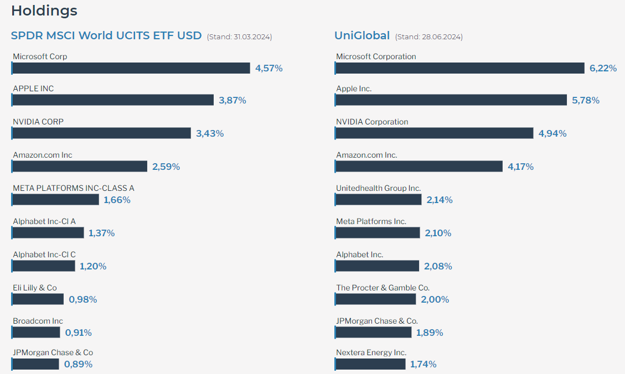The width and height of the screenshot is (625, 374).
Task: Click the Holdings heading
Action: pos(44,11)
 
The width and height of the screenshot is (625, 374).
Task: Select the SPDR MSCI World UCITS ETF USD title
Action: pos(106,35)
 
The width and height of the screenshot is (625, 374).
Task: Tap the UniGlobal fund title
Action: pos(361,35)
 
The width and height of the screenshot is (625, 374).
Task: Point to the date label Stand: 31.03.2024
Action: pos(239,37)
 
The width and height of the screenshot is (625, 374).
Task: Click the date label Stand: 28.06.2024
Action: pos(429,37)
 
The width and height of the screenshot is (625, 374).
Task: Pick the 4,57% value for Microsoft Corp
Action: pos(269,68)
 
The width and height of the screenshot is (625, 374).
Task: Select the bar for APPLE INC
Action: pos(113,100)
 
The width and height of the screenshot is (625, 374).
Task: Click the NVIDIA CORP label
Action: pos(38,122)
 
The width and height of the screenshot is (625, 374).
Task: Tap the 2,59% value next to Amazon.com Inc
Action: pos(166,167)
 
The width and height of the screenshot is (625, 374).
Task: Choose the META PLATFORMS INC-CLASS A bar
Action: pos(55,200)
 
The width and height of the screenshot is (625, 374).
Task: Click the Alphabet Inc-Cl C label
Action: pos(44,254)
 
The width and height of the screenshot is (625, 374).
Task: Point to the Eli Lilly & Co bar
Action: pos(38,299)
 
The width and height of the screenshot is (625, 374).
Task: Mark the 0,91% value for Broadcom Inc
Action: pos(79,333)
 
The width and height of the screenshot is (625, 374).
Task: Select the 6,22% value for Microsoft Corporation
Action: pos(603,68)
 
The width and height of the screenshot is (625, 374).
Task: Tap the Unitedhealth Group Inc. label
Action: pos(378,188)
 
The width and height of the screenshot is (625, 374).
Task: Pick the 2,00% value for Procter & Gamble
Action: pos(435,299)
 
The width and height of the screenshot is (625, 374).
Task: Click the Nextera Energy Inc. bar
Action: pos(370,364)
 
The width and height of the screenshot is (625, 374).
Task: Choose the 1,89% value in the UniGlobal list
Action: pos(430,333)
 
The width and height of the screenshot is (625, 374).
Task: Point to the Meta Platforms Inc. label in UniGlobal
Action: pos(371,221)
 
